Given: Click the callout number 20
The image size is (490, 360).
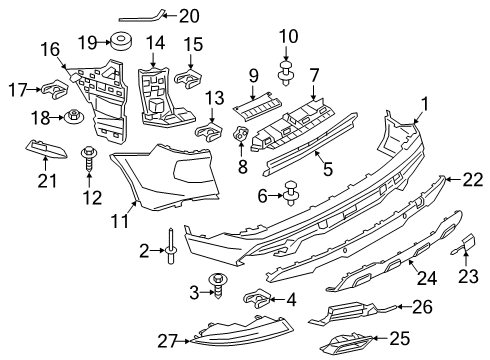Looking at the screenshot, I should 189,15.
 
